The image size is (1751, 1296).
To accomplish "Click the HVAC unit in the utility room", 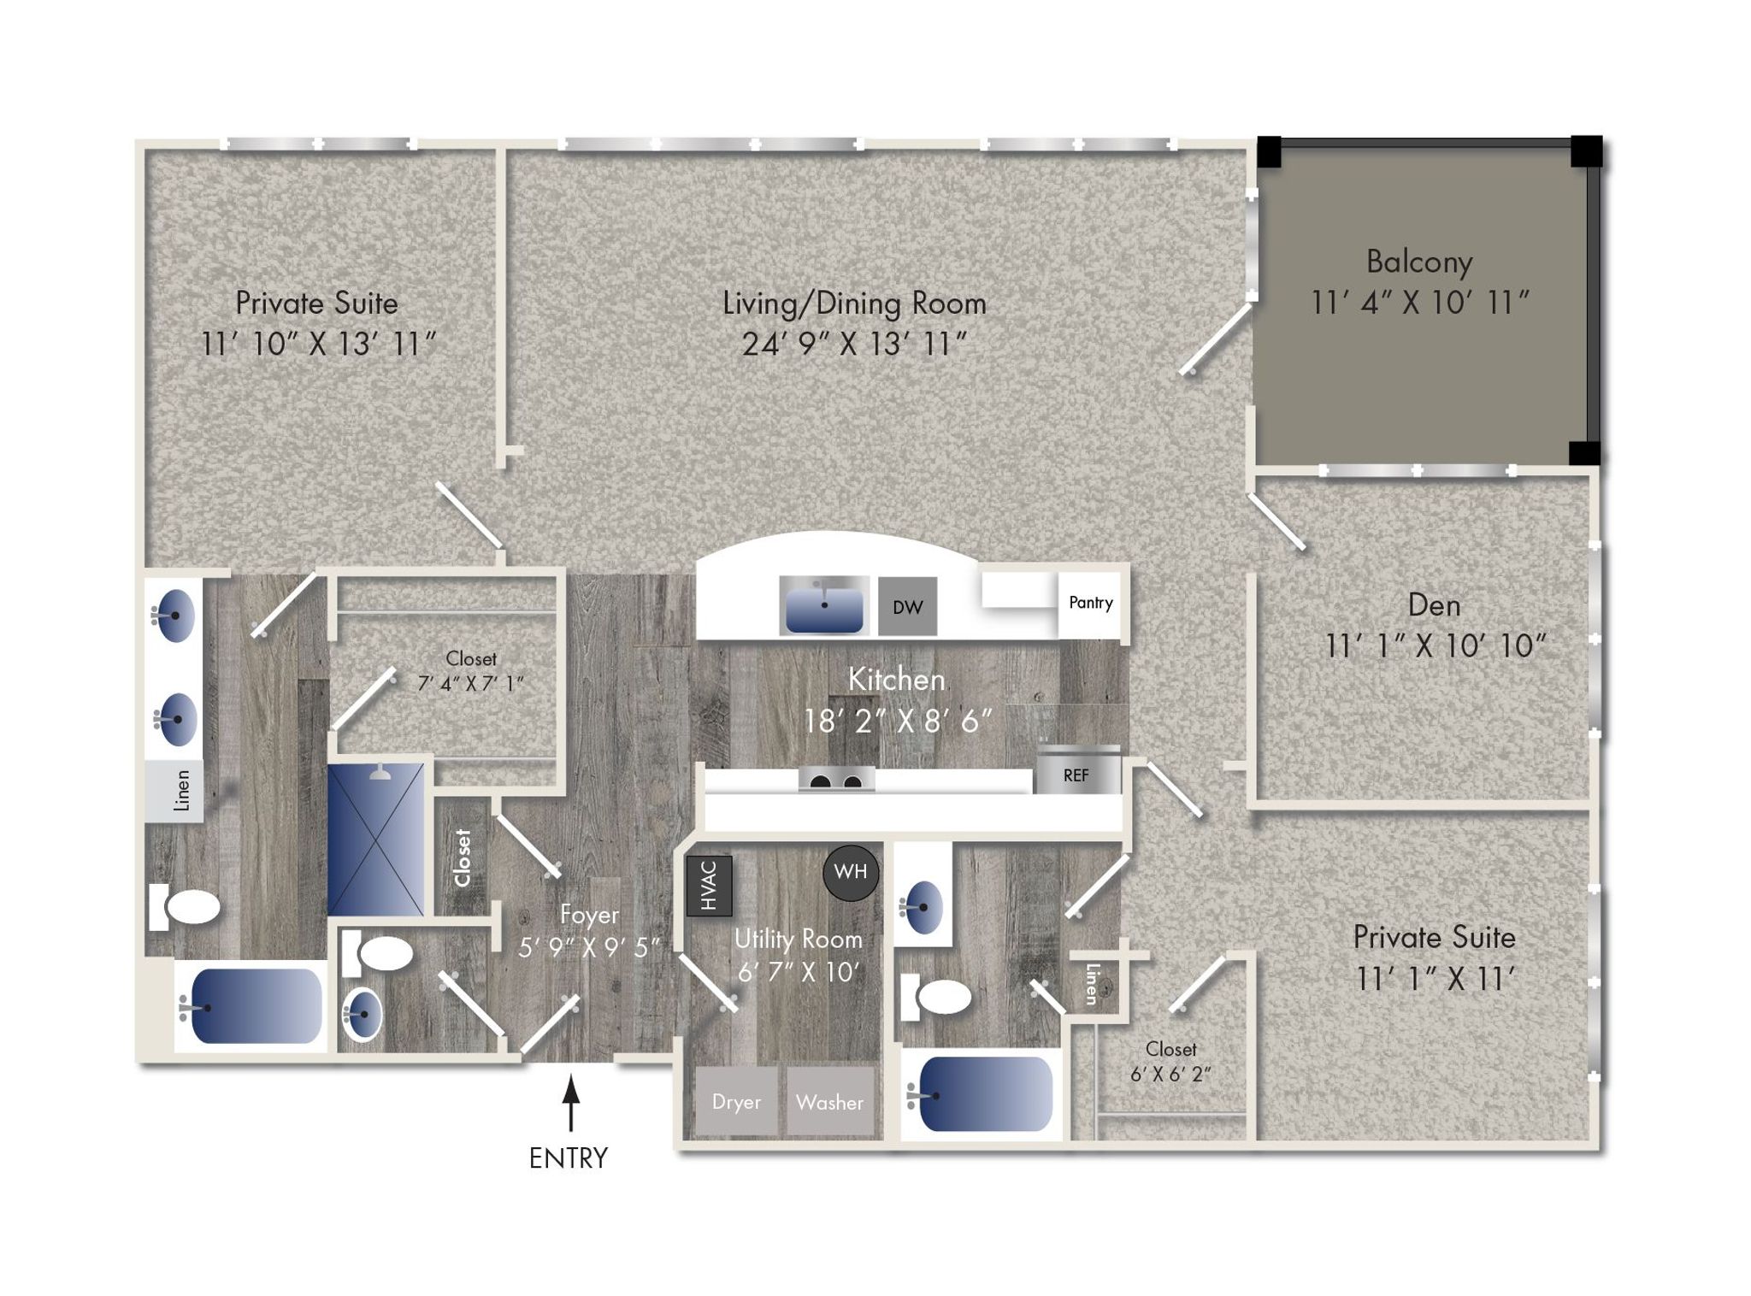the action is click(709, 885).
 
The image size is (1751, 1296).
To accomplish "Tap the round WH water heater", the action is click(851, 872).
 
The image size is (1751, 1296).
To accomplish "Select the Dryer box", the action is click(736, 1101).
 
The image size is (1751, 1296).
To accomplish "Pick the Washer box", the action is click(830, 1101).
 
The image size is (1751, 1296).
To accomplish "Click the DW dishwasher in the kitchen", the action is click(907, 606).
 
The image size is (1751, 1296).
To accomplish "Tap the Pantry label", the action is click(1091, 603).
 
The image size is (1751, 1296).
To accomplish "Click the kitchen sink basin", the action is click(824, 606).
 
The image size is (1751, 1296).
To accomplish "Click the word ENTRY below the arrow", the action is click(569, 1158).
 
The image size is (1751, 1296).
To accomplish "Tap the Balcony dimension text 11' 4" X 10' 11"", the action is click(1420, 302).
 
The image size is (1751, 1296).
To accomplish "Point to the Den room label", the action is click(1434, 605).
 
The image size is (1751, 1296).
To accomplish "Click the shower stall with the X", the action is click(375, 839).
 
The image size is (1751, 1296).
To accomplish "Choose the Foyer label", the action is click(589, 915).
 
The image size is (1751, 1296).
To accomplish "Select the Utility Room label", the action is click(799, 939).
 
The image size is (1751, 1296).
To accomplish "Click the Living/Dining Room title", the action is click(854, 303).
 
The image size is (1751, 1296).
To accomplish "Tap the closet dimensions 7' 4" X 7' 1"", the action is click(470, 684).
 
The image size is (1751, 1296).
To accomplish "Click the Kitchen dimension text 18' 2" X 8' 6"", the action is click(898, 722).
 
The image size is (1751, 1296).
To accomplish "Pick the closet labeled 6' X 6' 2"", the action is click(1170, 1061).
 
